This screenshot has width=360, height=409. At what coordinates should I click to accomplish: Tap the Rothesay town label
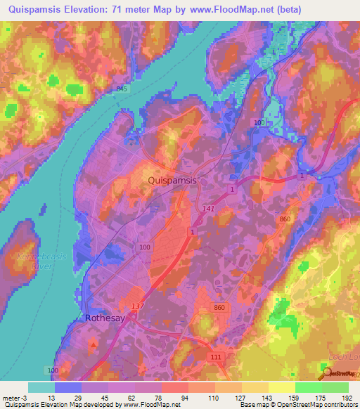pos(104,318)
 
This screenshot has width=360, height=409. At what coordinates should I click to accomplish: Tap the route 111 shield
pos(215,358)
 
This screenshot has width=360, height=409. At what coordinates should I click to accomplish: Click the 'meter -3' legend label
pos(15,398)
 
